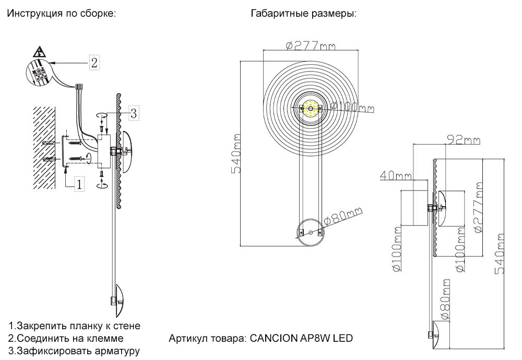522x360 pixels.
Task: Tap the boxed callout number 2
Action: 94,63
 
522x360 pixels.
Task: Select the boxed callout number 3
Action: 133,112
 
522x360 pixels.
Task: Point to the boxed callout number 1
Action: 79,184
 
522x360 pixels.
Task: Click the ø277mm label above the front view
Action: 311,46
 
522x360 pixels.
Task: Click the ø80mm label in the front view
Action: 343,216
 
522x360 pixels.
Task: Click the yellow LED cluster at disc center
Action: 311,109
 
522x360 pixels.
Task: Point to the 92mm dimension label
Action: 464,140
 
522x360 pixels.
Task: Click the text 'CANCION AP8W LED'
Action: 301,338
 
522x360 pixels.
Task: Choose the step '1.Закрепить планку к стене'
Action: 74,326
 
